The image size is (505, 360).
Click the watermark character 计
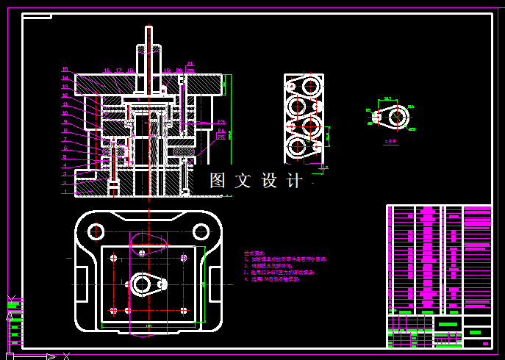tap(295, 181)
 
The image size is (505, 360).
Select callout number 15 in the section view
tap(65, 70)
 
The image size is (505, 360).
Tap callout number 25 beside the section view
tap(221, 137)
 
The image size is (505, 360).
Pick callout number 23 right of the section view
tap(221, 122)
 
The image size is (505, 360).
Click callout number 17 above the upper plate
tap(118, 71)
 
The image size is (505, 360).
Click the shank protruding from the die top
tap(148, 44)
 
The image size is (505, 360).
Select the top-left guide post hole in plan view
tap(96, 231)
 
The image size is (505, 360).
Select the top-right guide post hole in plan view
tap(199, 231)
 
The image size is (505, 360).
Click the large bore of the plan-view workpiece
tap(140, 284)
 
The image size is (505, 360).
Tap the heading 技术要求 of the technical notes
tap(254, 252)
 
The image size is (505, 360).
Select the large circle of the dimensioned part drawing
tap(398, 116)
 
